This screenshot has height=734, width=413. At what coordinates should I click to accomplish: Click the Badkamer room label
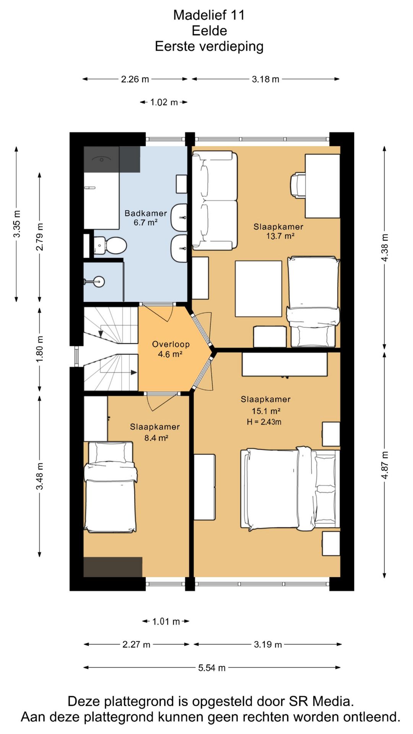tap(146, 213)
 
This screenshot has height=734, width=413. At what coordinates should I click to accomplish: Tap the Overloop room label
tap(171, 344)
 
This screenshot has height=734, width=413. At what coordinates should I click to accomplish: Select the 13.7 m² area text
tap(280, 236)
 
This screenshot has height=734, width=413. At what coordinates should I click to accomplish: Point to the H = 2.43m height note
tap(264, 422)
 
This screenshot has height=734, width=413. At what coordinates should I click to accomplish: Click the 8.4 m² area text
tap(156, 438)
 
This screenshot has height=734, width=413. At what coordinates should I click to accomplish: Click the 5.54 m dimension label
tap(212, 668)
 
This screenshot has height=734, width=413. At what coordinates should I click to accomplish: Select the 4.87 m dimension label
tap(385, 465)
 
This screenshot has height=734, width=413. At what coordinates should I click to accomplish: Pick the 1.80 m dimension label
tap(39, 349)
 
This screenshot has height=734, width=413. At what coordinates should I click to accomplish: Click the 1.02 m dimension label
tap(164, 102)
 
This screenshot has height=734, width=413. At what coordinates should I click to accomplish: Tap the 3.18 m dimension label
tap(265, 79)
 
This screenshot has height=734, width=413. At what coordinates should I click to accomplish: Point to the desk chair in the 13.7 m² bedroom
tap(298, 186)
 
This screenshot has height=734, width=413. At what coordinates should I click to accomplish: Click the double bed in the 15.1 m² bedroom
tap(290, 489)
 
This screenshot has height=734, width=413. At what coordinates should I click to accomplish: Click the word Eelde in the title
tap(209, 31)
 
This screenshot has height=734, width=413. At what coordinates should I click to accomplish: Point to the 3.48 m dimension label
tap(39, 476)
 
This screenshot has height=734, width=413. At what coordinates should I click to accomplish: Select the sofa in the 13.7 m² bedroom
tap(215, 201)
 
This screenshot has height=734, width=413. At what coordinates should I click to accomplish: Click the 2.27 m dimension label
tap(136, 645)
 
